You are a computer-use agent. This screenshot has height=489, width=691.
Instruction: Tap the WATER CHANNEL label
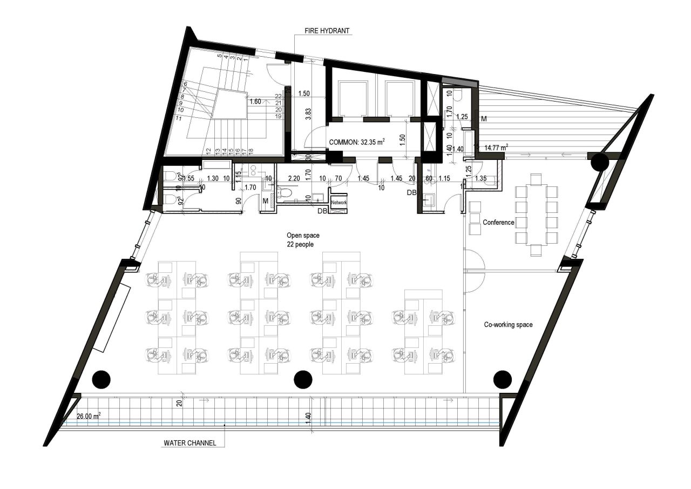190,443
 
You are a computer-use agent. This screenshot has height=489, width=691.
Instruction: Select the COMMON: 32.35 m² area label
357,142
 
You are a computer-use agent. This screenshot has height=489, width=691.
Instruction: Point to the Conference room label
498,222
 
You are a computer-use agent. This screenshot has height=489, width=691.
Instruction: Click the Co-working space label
508,325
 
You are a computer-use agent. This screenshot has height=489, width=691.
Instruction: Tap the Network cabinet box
338,202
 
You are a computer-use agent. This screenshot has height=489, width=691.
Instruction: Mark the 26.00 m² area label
89,417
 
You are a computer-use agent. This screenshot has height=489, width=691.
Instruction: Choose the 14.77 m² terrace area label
497,147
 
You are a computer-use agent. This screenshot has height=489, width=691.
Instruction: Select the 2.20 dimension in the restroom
294,178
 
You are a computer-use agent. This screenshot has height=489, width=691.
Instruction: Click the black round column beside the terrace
600,162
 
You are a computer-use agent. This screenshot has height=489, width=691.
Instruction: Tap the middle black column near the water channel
303,379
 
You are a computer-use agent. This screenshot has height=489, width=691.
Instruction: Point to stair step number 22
279,96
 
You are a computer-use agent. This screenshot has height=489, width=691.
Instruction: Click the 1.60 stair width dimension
255,101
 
